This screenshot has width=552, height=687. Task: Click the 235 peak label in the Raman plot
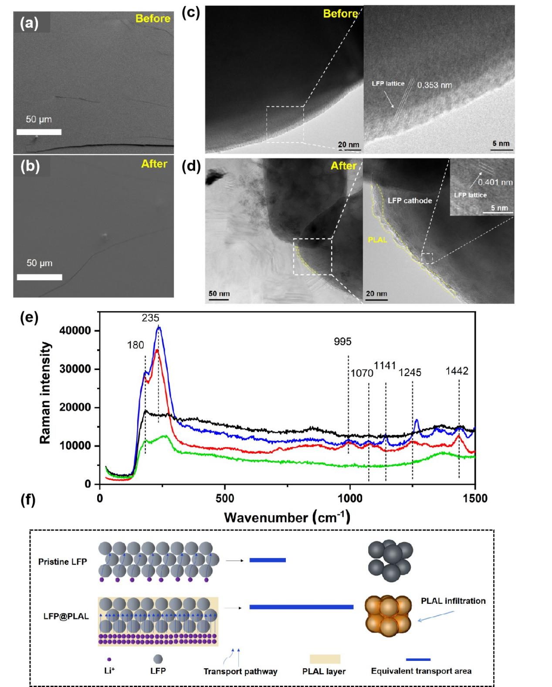[x=150, y=318]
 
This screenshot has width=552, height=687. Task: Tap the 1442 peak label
[x=457, y=371]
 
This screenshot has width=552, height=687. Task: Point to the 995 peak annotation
[x=342, y=342]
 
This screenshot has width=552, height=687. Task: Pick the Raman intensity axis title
[x=45, y=393]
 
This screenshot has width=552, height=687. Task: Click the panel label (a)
[x=29, y=23]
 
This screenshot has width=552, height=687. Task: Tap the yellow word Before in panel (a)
[x=152, y=19]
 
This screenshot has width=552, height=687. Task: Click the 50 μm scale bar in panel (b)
[x=39, y=277]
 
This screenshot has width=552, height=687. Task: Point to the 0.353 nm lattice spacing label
[x=434, y=85]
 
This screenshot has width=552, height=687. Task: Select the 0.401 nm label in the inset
[x=495, y=182]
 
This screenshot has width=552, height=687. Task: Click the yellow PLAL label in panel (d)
[x=377, y=239]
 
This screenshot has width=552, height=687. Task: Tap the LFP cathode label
[x=410, y=201]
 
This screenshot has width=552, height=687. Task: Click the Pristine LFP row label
[x=62, y=562]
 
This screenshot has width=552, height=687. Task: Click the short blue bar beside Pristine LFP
[x=268, y=560]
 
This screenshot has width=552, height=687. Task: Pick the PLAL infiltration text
[x=453, y=601]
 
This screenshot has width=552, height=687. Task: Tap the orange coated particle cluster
[x=388, y=616]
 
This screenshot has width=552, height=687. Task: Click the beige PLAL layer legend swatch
[x=325, y=659]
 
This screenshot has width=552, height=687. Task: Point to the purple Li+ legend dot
[x=109, y=660]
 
